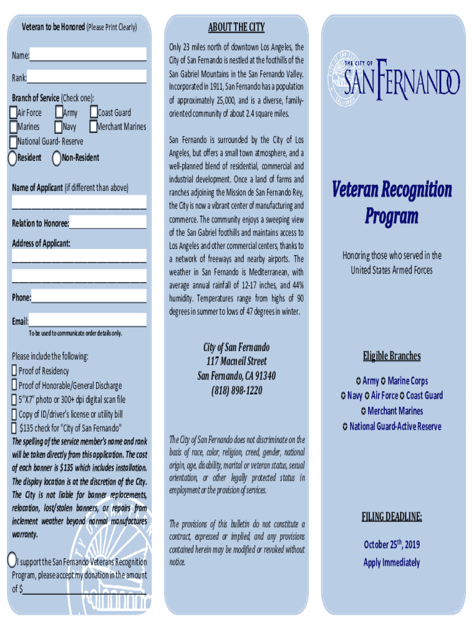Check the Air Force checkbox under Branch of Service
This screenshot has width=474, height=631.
point(14,113)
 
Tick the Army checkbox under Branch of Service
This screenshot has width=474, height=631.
point(58,113)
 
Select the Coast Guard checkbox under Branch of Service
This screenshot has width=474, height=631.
point(94,113)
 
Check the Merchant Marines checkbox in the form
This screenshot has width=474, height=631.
point(94,127)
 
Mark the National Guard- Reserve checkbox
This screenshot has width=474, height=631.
point(14,142)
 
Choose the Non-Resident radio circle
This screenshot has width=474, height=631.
point(57,158)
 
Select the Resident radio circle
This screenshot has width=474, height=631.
point(12,158)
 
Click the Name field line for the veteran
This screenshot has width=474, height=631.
point(87,56)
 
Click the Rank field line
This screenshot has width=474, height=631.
point(86,78)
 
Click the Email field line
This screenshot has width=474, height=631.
point(87,322)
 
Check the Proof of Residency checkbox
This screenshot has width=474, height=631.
point(14,371)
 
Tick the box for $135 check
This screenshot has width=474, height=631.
point(14,428)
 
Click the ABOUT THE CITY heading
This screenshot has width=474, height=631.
point(236,26)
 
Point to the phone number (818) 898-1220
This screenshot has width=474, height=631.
point(236,391)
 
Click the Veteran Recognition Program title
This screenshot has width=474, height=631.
point(392,202)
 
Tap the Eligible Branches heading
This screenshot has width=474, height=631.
point(392,356)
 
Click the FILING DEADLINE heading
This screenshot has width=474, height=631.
point(392,516)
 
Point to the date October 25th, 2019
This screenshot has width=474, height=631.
point(392,544)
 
